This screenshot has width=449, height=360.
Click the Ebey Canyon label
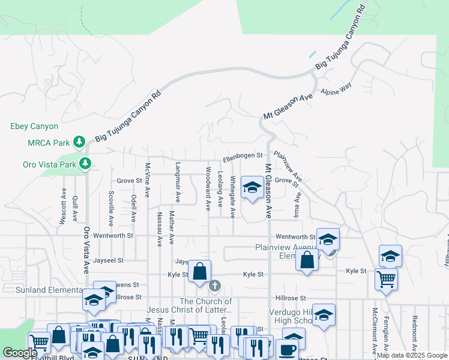pyautogui.click(x=34, y=127)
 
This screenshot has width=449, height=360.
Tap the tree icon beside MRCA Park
pyautogui.click(x=79, y=142)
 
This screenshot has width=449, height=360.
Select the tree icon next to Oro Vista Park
pyautogui.click(x=85, y=163)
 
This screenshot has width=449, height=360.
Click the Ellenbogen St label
pyautogui.click(x=243, y=158)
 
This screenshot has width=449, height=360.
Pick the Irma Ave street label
pyautogui.click(x=297, y=205)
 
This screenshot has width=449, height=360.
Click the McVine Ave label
pyautogui.click(x=147, y=180)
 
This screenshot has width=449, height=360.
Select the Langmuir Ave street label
pyautogui.click(x=178, y=181)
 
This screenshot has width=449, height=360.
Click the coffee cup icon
pyautogui.click(x=286, y=350)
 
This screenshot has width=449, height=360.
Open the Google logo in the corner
pyautogui.click(x=20, y=353)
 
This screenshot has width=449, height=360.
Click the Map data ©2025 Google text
pyautogui.click(x=412, y=356)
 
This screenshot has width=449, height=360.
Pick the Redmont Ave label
pyautogui.click(x=415, y=329)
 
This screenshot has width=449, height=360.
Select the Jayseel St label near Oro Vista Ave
pyautogui.click(x=109, y=260)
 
